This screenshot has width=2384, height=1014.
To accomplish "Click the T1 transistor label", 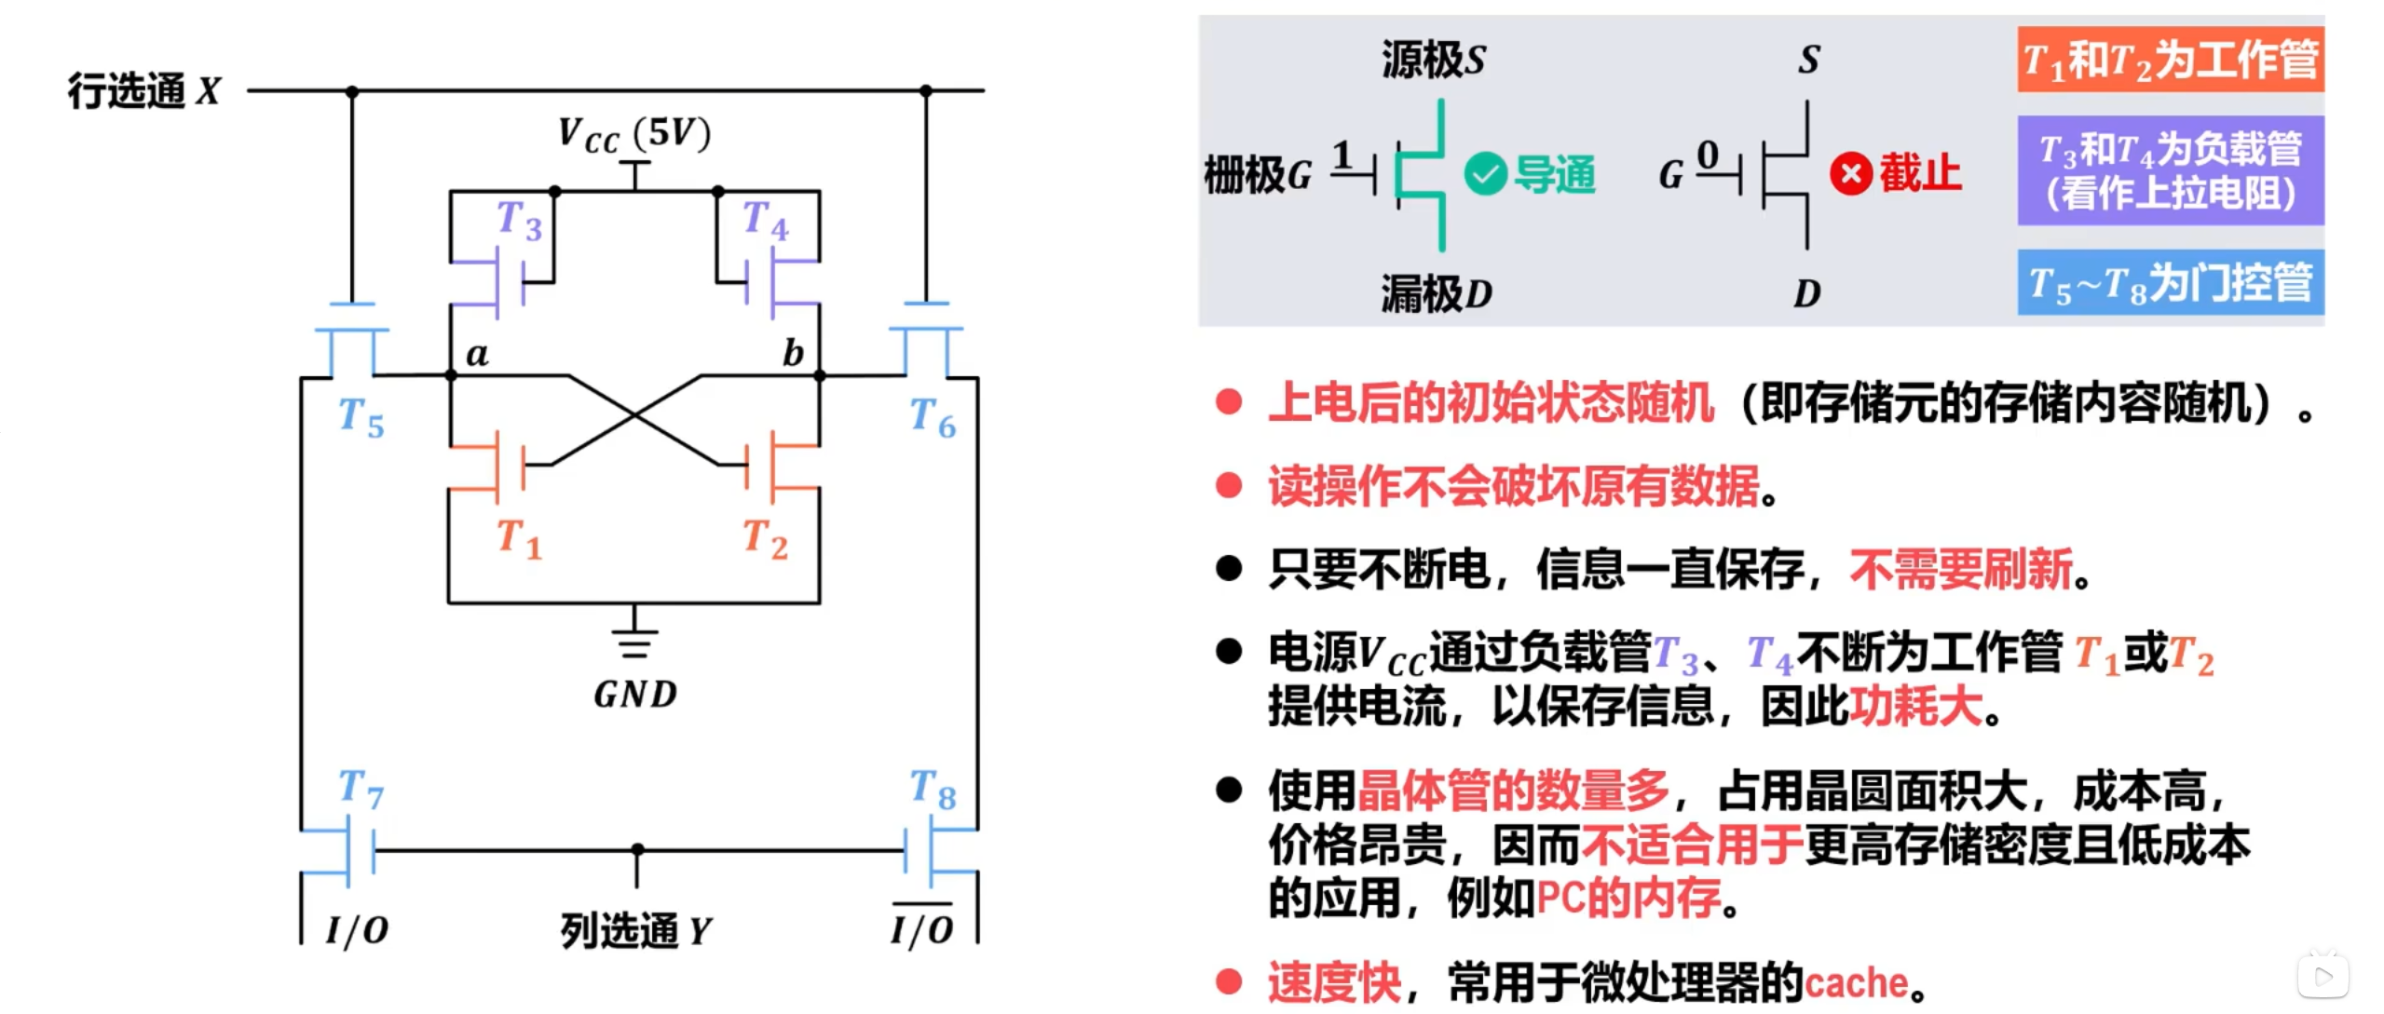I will (519, 539).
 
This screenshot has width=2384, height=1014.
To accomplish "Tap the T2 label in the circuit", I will (765, 539).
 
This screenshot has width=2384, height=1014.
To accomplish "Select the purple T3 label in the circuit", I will (519, 221).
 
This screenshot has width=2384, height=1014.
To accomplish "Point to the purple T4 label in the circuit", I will (765, 221).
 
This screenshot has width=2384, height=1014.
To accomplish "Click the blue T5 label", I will (361, 417).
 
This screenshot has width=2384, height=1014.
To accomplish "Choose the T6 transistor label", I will (933, 417).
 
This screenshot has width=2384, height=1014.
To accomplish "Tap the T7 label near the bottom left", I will (361, 789).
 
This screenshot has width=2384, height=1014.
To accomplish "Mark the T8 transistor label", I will (933, 789).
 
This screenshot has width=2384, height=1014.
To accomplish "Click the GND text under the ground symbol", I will (635, 695).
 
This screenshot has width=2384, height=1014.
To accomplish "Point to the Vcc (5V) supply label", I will (634, 134).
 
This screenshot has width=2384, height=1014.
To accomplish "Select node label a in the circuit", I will (477, 354).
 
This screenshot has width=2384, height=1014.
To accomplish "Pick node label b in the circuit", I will (793, 354).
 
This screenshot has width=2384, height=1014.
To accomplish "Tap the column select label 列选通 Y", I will (635, 930).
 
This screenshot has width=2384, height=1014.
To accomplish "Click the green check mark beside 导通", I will (1485, 174).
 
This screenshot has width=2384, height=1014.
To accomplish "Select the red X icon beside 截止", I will (1850, 174).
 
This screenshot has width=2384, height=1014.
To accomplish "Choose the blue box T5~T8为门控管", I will (2170, 283).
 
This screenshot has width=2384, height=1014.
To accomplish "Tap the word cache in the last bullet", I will (1856, 983).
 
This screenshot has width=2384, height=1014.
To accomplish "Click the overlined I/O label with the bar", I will (921, 928).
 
